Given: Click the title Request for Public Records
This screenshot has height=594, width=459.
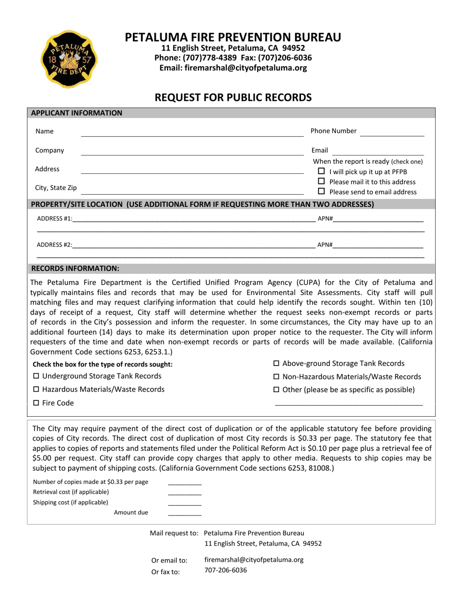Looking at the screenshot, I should [x=233, y=98].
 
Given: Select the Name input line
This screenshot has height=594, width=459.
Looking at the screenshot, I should [x=192, y=132].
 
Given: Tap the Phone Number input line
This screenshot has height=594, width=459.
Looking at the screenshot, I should [x=392, y=132].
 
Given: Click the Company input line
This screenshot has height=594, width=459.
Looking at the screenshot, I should [x=192, y=151].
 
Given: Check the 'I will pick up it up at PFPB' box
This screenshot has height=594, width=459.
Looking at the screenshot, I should [x=321, y=172].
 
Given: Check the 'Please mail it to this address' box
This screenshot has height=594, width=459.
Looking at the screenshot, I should [x=321, y=182].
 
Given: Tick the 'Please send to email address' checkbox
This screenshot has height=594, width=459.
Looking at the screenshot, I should [x=321, y=192].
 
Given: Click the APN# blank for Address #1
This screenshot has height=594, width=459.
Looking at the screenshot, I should [x=378, y=219].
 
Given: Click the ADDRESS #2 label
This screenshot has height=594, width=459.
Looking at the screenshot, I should [x=55, y=245].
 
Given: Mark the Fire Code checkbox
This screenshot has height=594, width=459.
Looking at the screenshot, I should [x=36, y=403].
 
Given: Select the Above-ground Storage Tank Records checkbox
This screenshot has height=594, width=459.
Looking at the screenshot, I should [x=277, y=364].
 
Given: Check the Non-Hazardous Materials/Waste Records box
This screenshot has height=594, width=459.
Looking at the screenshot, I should [x=277, y=377].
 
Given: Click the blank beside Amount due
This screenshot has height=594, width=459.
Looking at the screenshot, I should [x=185, y=513].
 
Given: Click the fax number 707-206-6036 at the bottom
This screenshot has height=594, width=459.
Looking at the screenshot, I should [x=225, y=570].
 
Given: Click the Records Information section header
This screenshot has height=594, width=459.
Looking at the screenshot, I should [x=75, y=268].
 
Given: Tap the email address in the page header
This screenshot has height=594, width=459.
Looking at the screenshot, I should [x=233, y=68].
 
